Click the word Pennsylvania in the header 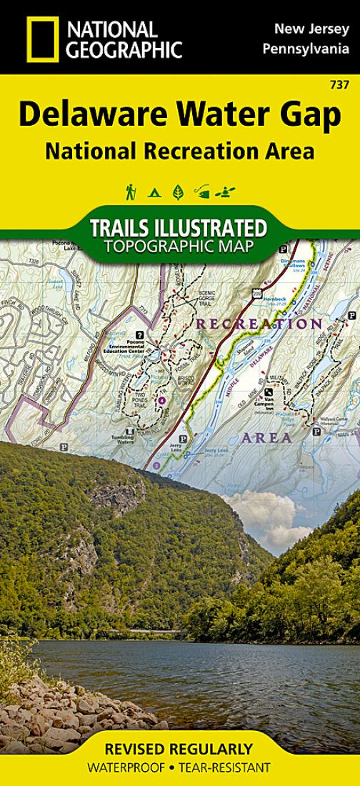tap(306, 49)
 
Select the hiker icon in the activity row tap(131, 192)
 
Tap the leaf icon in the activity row tap(178, 192)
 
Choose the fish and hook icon tap(203, 192)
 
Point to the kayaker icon tap(226, 192)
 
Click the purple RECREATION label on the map tap(259, 324)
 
